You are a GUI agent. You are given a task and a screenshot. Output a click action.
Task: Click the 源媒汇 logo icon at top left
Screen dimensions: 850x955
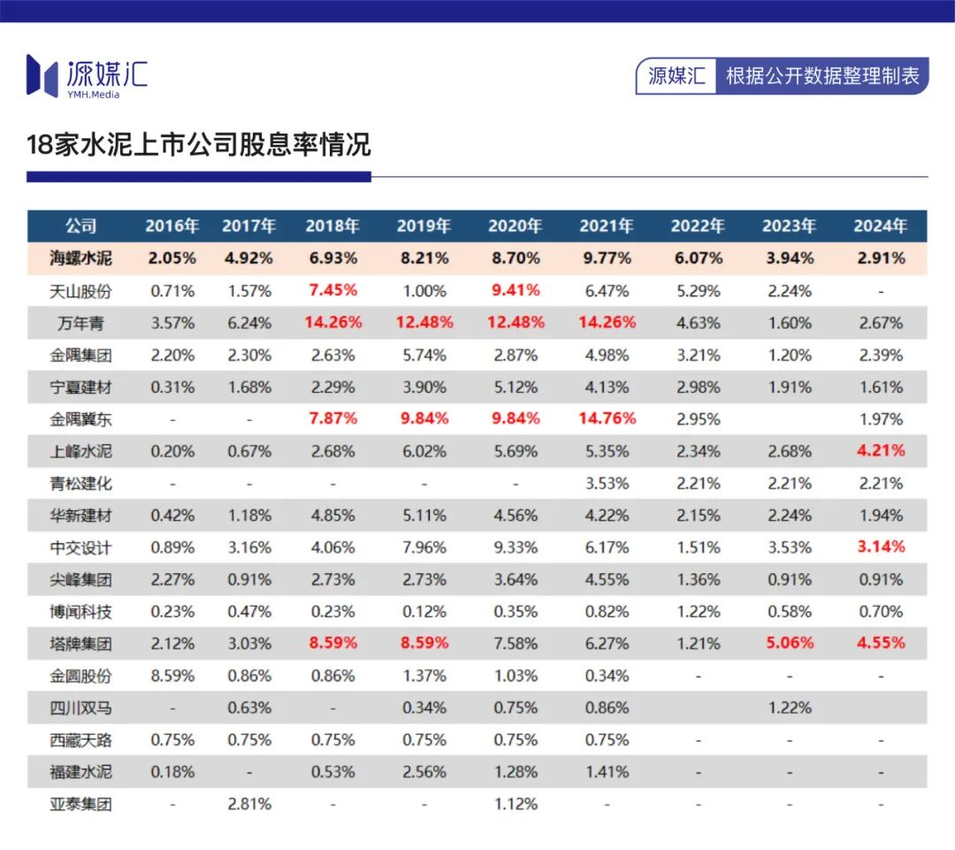(x=42, y=75)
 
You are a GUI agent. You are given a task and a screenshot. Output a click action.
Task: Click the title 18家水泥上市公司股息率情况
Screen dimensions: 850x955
(x=198, y=144)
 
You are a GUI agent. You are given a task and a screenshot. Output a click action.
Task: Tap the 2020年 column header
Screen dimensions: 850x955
(x=515, y=226)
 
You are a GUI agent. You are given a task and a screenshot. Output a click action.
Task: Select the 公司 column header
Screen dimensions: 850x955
(x=80, y=226)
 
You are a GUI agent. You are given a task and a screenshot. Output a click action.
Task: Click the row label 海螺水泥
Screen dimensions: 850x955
(x=80, y=258)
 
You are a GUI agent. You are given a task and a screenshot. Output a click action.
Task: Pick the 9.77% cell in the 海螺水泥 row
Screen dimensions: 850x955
(x=606, y=258)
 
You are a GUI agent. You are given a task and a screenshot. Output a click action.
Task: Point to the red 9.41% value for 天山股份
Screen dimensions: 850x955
(x=515, y=290)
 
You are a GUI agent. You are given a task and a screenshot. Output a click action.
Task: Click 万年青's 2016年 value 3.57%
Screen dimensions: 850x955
(x=172, y=323)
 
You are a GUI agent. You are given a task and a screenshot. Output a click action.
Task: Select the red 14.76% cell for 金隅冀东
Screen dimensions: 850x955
(x=606, y=418)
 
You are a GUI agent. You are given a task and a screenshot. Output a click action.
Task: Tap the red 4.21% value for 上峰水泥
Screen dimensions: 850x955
(x=881, y=451)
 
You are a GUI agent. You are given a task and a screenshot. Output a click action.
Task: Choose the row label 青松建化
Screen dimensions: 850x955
(x=80, y=483)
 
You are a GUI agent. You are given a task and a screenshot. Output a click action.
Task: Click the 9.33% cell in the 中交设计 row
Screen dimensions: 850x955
(x=515, y=548)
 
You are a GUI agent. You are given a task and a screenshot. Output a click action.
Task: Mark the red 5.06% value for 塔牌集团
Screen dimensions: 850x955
(x=789, y=643)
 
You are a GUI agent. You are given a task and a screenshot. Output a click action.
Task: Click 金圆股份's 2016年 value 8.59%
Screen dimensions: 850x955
(x=172, y=676)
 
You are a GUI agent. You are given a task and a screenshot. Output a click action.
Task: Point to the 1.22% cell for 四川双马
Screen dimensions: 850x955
(x=789, y=708)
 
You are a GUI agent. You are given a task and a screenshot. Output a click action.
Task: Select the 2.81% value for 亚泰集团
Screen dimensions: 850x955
(x=249, y=804)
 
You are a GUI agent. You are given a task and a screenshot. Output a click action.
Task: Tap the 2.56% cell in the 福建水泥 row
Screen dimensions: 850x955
(x=424, y=771)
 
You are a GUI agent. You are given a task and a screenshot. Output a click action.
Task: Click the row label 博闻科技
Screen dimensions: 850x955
(x=80, y=611)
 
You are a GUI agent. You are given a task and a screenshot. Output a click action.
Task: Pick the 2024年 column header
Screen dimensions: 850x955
(x=881, y=226)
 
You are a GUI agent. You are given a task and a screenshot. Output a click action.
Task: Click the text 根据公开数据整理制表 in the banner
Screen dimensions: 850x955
(x=822, y=76)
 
